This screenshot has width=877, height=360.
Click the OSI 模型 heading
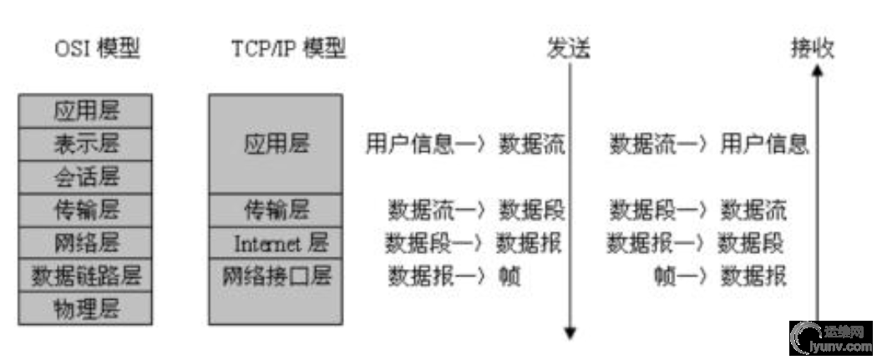click(97, 49)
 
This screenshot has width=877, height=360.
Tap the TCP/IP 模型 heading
click(288, 49)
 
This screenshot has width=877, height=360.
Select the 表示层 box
click(86, 144)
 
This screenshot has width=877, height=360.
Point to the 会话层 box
click(86, 177)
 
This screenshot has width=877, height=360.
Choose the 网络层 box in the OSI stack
click(86, 243)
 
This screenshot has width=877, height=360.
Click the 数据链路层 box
click(86, 276)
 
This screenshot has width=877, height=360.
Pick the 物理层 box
click(86, 308)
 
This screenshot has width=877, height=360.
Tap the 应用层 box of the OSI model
click(86, 110)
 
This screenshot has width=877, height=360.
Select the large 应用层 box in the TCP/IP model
click(276, 144)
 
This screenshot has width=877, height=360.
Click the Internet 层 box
click(276, 243)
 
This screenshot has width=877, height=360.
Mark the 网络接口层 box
click(276, 276)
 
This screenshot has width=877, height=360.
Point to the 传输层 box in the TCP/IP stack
click(276, 210)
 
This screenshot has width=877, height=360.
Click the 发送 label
click(569, 49)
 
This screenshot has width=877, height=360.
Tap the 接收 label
click(813, 49)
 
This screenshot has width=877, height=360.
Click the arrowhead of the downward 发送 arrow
click(570, 333)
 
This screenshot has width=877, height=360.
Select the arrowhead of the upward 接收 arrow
click(818, 73)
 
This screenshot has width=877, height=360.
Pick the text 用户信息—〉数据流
click(465, 144)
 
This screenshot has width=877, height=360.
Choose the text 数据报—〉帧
click(454, 276)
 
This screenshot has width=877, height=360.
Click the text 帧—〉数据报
click(720, 276)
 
